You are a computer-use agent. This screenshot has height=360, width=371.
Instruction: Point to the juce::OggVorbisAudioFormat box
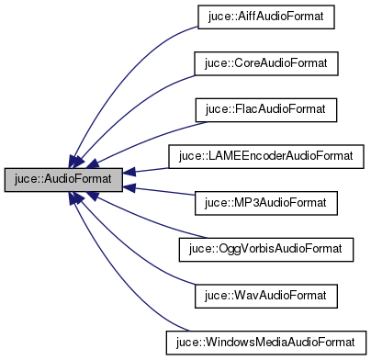coord(265,248)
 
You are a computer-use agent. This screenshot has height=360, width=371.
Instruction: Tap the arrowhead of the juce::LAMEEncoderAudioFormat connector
coord(130,172)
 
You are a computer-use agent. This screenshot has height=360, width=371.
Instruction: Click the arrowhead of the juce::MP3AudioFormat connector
coord(130,186)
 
